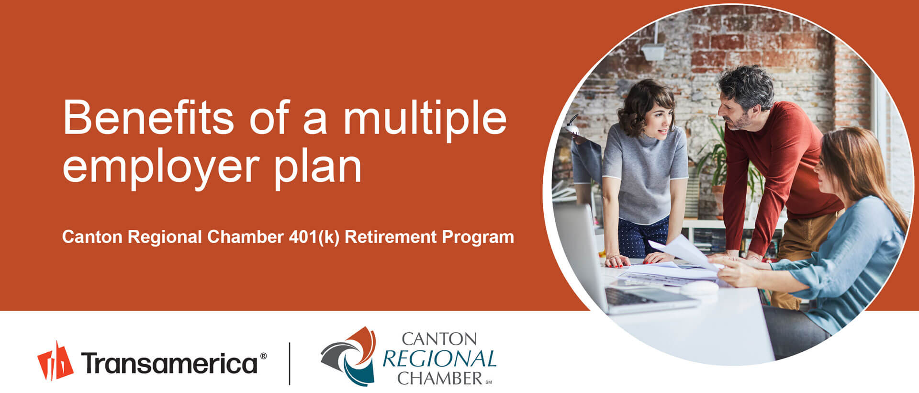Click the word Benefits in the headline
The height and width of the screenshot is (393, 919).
coord(148,117)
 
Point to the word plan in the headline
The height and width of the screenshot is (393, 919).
coord(318,168)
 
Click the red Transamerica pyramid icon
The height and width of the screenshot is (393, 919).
coord(55,361)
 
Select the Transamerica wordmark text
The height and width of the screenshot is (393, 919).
coord(169,363)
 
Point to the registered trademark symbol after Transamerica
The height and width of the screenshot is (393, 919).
coord(263,356)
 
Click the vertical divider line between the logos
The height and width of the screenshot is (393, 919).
coord(290,363)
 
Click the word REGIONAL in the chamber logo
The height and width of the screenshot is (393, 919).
coord(439,359)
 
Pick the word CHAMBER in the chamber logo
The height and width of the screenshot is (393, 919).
coord(439,378)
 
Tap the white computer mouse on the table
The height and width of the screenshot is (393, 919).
coord(700,288)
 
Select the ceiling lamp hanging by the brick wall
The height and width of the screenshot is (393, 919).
coord(653,51)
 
